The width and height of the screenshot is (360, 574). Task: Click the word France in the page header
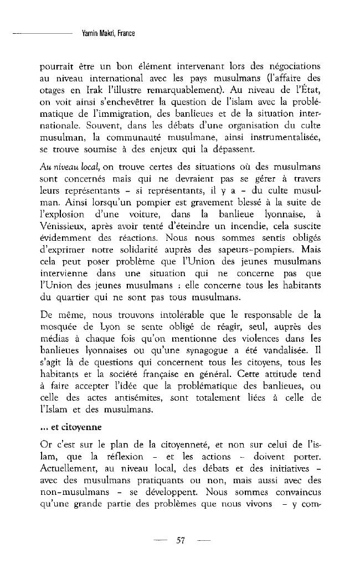pyautogui.click(x=127, y=34)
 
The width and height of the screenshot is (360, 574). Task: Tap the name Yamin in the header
pyautogui.click(x=89, y=34)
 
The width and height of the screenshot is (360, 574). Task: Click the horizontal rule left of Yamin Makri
pyautogui.click(x=42, y=34)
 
